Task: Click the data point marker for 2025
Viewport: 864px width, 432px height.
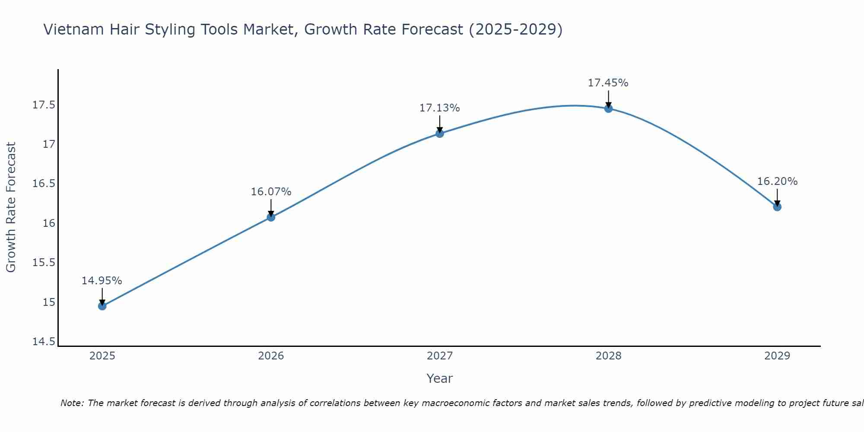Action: [102, 306]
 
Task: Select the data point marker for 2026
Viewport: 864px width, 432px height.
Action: [271, 217]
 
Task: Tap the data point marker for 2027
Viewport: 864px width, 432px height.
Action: [440, 133]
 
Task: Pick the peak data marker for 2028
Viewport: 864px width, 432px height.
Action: [608, 108]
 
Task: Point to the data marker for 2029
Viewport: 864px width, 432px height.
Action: [777, 207]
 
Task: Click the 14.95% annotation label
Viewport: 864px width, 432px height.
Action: [102, 281]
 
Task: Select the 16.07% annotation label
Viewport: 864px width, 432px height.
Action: [271, 192]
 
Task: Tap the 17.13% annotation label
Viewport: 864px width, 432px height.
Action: [440, 108]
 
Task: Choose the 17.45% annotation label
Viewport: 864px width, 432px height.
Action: [608, 83]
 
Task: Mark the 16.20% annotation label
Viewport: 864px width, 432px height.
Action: [777, 181]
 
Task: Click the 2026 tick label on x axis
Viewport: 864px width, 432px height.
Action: [271, 356]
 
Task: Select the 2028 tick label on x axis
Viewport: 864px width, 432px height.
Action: [608, 356]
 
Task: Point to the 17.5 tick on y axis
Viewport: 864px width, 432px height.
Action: [44, 105]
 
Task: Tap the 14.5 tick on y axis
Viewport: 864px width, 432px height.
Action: [44, 342]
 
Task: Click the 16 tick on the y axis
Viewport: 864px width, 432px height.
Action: [49, 223]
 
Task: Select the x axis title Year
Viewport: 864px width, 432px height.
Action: [439, 378]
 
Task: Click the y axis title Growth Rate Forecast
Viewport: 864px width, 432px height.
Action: [11, 207]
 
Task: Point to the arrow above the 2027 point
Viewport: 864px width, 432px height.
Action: [440, 123]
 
